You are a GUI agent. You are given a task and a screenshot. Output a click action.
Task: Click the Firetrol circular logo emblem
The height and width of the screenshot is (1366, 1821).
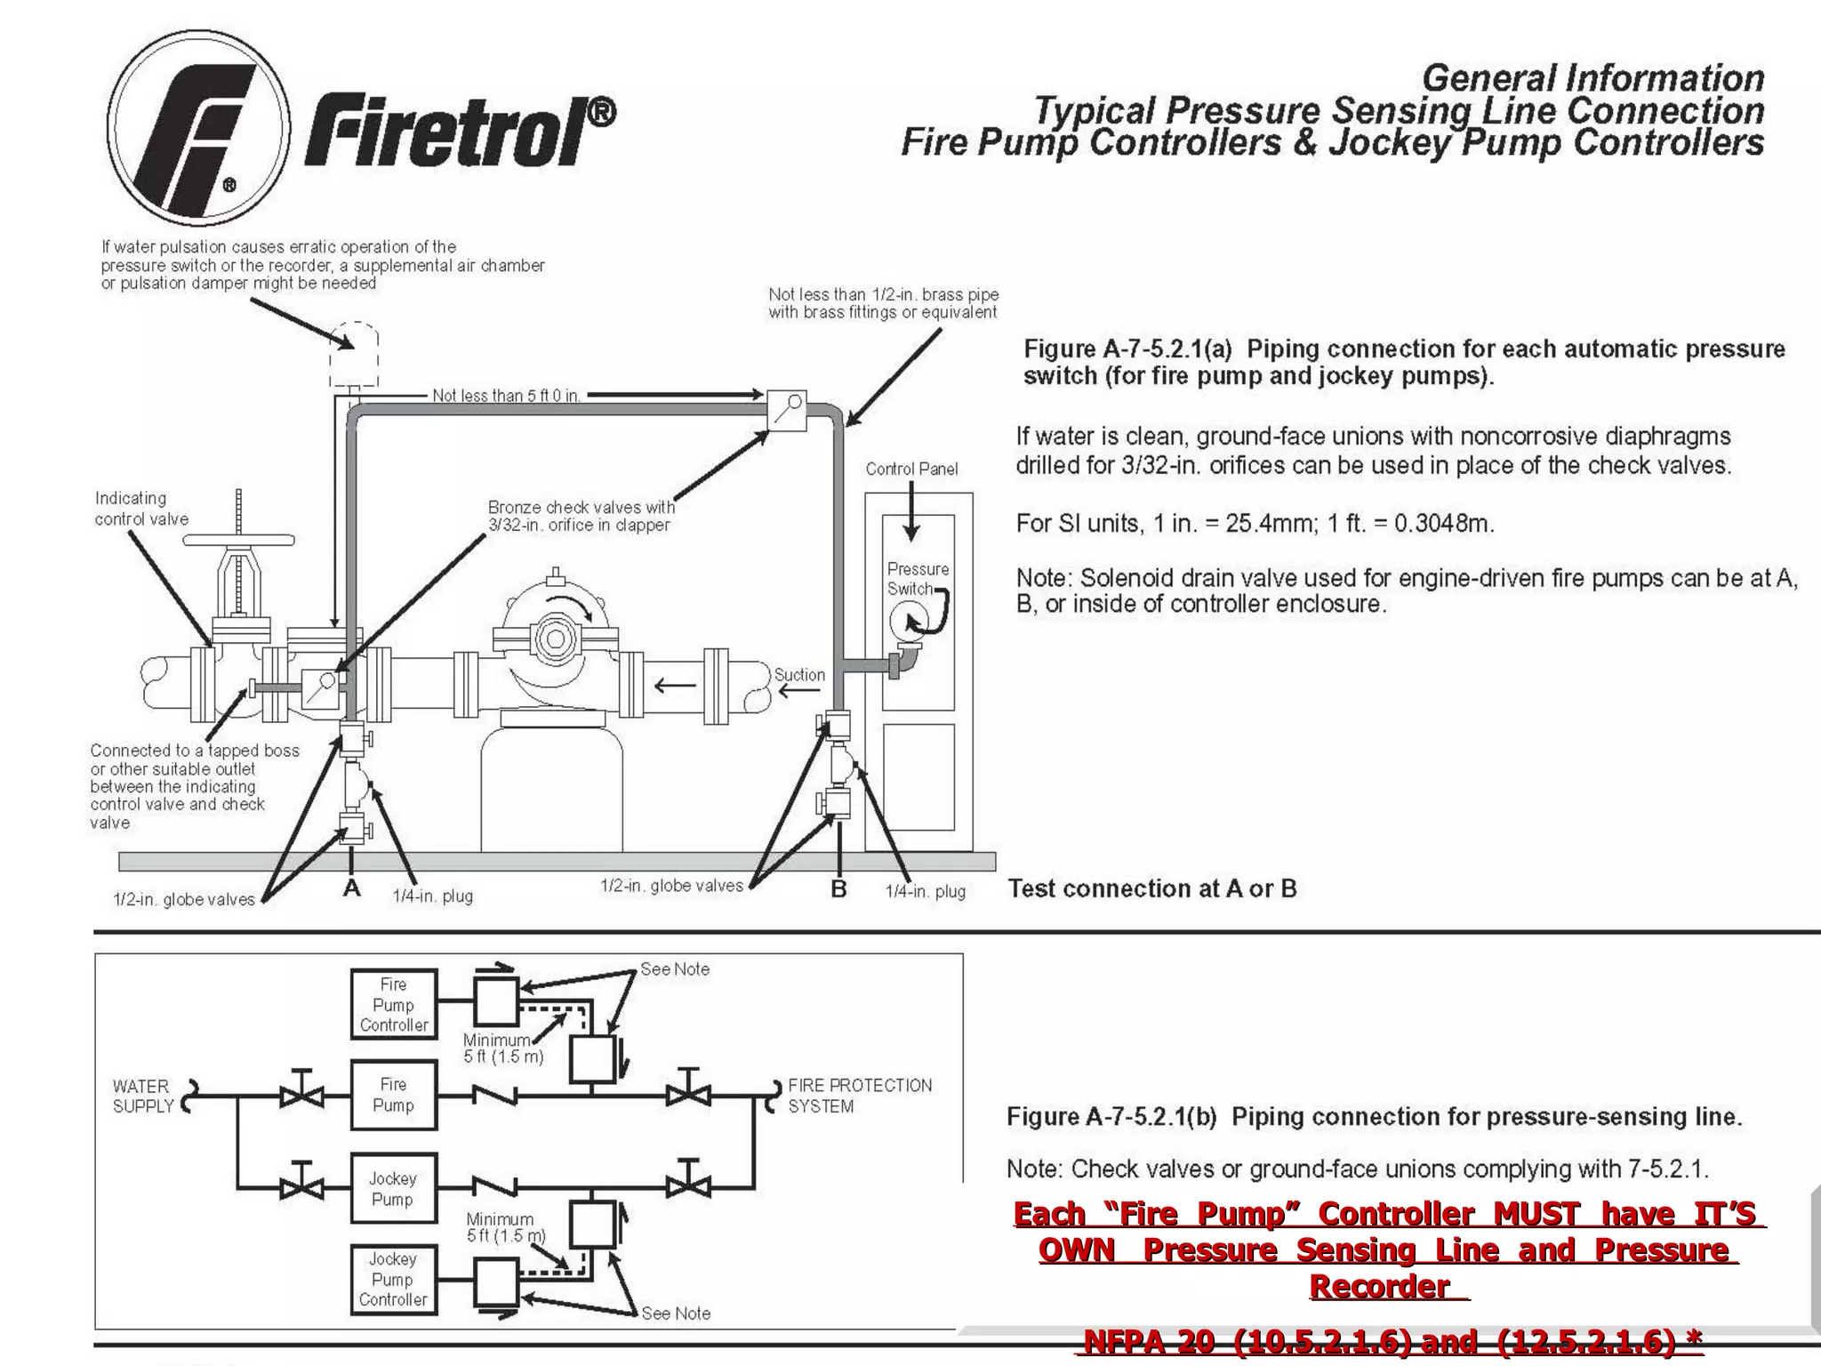(x=198, y=127)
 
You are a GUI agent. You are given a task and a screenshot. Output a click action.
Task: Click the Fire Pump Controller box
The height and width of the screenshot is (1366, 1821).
(x=394, y=1004)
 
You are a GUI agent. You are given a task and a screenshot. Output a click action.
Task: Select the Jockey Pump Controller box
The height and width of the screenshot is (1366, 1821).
(x=393, y=1280)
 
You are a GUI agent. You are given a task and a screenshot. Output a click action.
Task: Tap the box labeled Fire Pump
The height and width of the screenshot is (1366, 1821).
(x=394, y=1095)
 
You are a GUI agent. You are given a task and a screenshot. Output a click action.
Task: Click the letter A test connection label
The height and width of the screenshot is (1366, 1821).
(x=352, y=888)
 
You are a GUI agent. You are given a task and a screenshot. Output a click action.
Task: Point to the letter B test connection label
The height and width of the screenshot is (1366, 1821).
(x=838, y=888)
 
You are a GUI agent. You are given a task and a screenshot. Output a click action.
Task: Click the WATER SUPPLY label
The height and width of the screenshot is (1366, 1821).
(x=142, y=1096)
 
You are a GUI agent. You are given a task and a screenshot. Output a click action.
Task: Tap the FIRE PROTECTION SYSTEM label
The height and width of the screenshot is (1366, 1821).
(x=859, y=1096)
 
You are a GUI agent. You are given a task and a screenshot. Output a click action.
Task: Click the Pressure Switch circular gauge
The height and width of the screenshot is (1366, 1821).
(x=909, y=620)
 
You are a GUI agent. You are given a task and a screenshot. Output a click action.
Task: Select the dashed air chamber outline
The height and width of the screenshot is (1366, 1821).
(x=354, y=354)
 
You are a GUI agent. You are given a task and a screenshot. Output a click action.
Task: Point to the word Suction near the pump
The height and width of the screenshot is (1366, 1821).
(x=799, y=675)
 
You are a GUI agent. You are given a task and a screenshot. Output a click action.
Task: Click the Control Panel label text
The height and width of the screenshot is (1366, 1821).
(x=911, y=469)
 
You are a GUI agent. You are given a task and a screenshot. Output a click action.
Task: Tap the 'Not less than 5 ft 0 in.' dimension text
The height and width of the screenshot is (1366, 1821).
(x=506, y=395)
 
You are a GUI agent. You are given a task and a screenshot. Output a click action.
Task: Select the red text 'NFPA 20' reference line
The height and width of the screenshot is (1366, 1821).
(x=1389, y=1341)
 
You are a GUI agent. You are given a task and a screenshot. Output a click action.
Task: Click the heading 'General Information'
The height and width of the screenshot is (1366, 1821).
(x=1592, y=78)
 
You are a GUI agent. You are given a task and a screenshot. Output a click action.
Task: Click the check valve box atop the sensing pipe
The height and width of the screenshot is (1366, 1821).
(x=786, y=410)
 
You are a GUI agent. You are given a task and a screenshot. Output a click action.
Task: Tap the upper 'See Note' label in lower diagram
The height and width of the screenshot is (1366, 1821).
(x=675, y=969)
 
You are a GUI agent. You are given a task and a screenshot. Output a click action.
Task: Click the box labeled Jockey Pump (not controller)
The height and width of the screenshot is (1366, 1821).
(x=393, y=1188)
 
